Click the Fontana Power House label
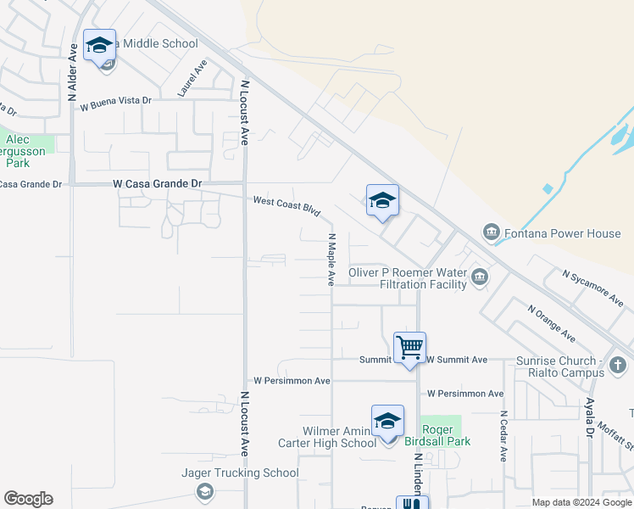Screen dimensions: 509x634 [x=563, y=232]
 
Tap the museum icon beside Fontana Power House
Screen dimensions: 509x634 [x=491, y=232]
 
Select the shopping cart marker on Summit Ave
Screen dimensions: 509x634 [x=409, y=347]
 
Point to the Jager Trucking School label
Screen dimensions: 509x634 [x=240, y=473]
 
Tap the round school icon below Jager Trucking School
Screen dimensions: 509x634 [x=204, y=492]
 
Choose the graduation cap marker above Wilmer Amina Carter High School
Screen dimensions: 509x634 [x=387, y=422]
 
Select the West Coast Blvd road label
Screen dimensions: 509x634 [x=286, y=205]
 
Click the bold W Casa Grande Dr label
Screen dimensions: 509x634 [x=158, y=183]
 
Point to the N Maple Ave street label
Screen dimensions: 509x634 [x=331, y=260]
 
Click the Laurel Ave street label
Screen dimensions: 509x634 [x=192, y=78]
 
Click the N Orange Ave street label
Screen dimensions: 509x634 [x=551, y=323]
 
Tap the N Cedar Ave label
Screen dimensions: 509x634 [x=503, y=436]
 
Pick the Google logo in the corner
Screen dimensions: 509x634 [x=28, y=499]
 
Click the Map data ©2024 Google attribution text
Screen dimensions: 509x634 [x=581, y=502]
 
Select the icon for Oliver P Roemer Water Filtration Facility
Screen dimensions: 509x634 [x=480, y=277]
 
